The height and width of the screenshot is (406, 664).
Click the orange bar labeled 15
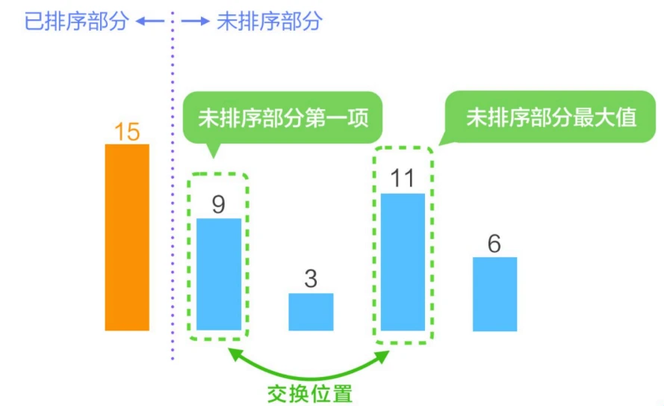127,237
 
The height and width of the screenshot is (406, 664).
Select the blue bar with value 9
219,274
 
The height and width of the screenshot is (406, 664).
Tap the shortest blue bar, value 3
311,312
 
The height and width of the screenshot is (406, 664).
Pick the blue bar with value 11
403,262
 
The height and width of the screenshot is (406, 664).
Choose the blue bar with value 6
494,294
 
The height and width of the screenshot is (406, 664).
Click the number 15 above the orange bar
127,132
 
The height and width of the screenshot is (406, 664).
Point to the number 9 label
218,204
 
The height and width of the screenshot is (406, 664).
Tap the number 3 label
311,279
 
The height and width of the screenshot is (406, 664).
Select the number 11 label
403,179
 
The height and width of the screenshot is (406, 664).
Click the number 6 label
494,244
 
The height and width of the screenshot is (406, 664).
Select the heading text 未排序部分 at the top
269,21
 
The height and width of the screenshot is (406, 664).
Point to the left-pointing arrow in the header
149,21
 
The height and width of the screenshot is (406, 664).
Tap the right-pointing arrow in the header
196,21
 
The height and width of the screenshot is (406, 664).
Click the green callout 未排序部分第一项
283,118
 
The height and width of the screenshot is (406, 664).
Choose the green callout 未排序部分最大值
551,117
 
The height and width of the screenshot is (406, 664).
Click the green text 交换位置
309,393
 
